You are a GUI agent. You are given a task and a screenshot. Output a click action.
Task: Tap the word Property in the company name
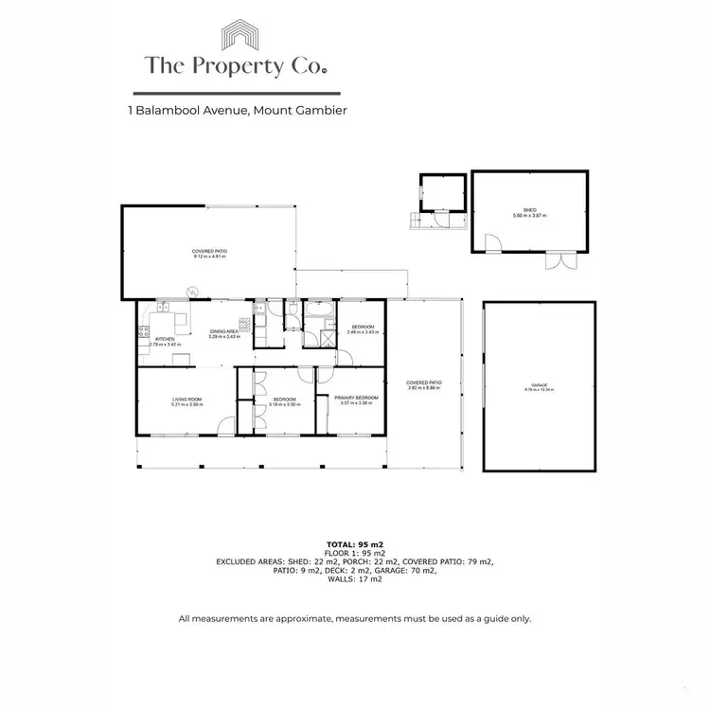tap(236, 66)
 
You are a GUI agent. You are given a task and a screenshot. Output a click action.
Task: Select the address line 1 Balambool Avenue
tap(237, 111)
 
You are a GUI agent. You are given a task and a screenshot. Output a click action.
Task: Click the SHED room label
tap(530, 211)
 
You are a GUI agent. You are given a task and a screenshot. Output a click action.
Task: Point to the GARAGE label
tap(540, 384)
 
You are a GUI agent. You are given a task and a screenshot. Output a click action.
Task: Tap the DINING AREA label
tap(224, 331)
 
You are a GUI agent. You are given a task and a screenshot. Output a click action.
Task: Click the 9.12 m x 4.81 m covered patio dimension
tap(209, 256)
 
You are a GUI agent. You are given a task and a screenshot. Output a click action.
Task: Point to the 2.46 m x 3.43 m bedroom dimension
tap(363, 332)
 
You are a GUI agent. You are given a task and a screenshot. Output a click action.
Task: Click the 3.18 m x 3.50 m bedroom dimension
tap(285, 404)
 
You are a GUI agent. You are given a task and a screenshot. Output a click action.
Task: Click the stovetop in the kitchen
tap(144, 330)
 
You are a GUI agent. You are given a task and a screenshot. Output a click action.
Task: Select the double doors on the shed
tap(559, 259)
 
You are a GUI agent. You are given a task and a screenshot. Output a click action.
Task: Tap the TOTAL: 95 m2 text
tap(355, 544)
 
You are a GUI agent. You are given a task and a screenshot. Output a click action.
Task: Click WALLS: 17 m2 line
tap(355, 578)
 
